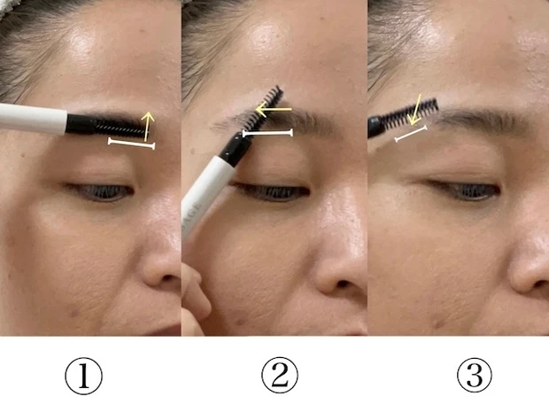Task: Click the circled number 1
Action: coord(84,376)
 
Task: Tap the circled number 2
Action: coord(280,375)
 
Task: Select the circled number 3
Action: coord(475,375)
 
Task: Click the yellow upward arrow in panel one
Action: coord(148,126)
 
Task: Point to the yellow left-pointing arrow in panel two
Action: coord(274,110)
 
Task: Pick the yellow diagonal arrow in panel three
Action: coord(415,109)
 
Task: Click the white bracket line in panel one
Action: coord(131,144)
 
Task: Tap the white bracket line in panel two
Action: coord(267,133)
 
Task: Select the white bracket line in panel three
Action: coord(411,134)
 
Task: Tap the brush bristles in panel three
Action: coord(410,113)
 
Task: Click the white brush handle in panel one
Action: coord(34,119)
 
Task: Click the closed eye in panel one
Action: coord(100,191)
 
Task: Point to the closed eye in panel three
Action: coord(464,190)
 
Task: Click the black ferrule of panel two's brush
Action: coord(235,150)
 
